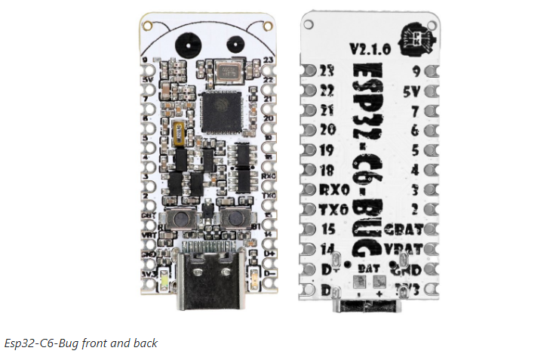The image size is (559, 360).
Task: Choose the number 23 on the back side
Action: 327,72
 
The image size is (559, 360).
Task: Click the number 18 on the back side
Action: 327,170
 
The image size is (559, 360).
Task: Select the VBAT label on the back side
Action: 400,248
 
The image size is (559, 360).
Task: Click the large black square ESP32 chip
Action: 219,107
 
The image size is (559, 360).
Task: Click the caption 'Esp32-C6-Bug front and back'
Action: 81,343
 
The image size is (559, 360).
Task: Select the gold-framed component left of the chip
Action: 178,134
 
